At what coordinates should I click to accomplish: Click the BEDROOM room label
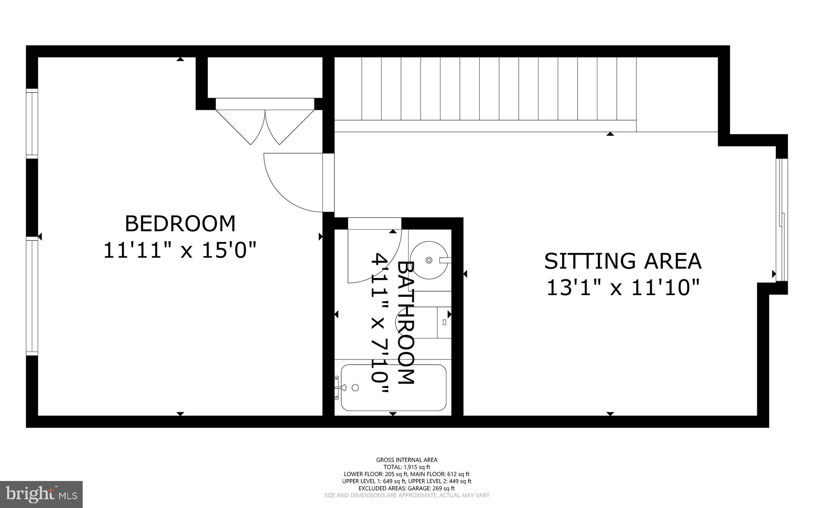[180, 224]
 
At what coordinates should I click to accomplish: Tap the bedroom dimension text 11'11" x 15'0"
[180, 251]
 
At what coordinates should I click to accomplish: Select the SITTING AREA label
[622, 261]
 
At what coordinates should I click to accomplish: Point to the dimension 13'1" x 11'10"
[622, 288]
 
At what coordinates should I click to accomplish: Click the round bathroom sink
[428, 260]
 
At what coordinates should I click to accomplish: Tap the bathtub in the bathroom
[393, 388]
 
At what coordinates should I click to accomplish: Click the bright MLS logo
[41, 494]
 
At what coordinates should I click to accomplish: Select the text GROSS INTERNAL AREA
[407, 460]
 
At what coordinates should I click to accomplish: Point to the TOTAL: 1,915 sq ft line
[407, 467]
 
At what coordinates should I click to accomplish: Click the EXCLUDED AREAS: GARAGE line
[407, 488]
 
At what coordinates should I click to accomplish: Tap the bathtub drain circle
[356, 387]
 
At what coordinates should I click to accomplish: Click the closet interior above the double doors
[265, 77]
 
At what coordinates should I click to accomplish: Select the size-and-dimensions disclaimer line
[407, 495]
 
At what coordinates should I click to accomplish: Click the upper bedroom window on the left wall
[32, 123]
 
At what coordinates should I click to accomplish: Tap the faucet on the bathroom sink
[445, 260]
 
